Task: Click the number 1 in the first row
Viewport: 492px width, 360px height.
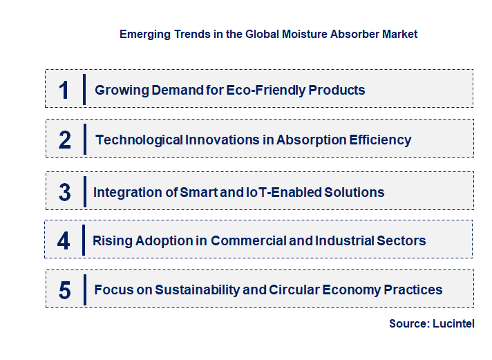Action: pyautogui.click(x=64, y=90)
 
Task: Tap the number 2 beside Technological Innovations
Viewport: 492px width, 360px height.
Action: pyautogui.click(x=64, y=140)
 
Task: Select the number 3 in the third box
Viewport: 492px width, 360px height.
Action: pyautogui.click(x=64, y=192)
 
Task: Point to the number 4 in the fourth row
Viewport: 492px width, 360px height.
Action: pyautogui.click(x=64, y=240)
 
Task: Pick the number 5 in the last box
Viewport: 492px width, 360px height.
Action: pyautogui.click(x=64, y=290)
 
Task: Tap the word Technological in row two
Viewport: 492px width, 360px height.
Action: pyautogui.click(x=139, y=140)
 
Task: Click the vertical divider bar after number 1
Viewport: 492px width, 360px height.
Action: pyautogui.click(x=84, y=90)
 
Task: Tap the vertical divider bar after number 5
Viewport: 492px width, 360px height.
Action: pyautogui.click(x=84, y=290)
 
